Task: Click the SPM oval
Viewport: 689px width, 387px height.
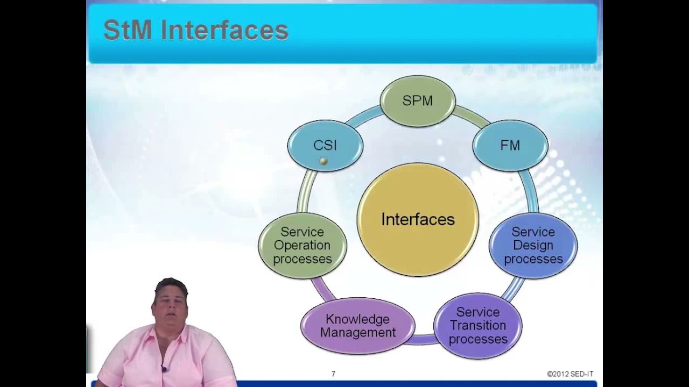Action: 418,101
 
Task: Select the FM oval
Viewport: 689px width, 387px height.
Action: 510,145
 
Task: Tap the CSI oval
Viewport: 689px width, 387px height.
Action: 325,145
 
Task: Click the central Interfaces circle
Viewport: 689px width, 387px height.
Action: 418,219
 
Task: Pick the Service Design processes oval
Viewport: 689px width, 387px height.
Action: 533,246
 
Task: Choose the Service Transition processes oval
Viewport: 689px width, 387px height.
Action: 478,326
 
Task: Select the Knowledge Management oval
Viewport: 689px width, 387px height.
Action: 357,326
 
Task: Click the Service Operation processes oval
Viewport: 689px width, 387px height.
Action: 303,246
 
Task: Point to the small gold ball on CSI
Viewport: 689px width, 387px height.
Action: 324,161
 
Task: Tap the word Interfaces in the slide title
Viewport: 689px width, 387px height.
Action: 224,31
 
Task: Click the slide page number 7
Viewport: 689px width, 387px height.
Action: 333,374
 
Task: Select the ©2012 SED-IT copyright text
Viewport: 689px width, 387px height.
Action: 570,374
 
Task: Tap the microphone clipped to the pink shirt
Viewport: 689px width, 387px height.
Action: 164,369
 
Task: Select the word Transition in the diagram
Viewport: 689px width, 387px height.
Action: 478,326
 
